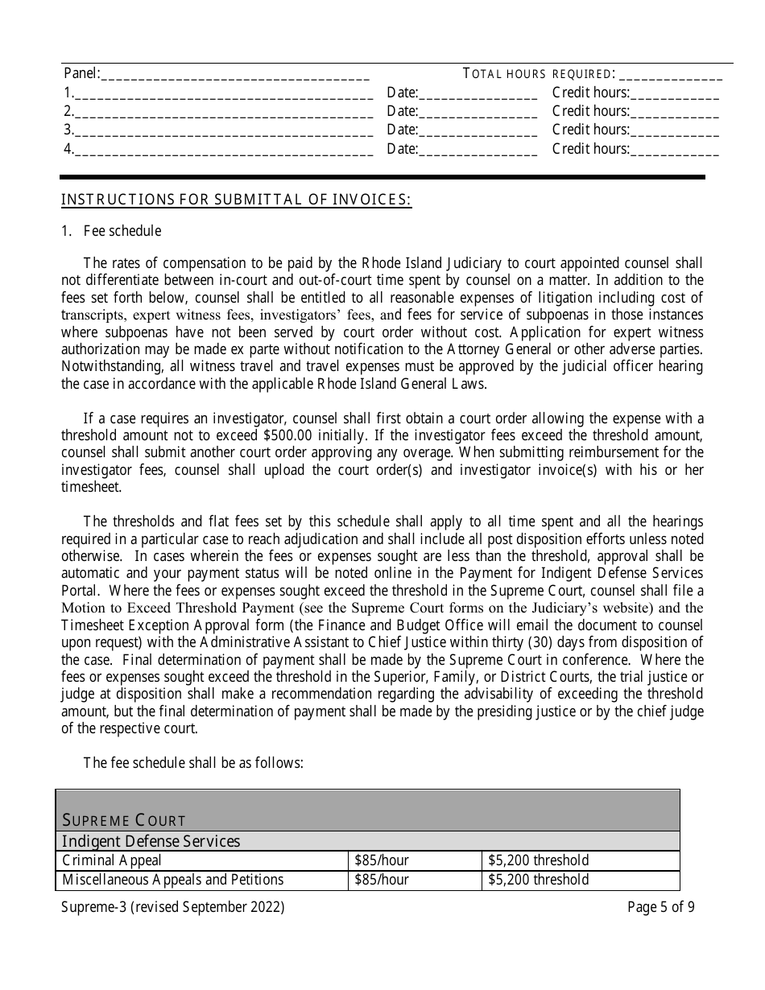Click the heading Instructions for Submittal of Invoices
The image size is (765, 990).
pyautogui.click(x=237, y=200)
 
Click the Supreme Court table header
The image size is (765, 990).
pyautogui.click(x=125, y=820)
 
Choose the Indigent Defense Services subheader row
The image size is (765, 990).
pyautogui.click(x=151, y=841)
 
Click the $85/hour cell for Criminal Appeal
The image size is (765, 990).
pyautogui.click(x=382, y=860)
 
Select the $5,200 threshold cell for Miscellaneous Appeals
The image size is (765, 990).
pyautogui.click(x=539, y=880)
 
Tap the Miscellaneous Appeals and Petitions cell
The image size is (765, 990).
pyautogui.click(x=173, y=880)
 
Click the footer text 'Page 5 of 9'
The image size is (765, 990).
pyautogui.click(x=661, y=907)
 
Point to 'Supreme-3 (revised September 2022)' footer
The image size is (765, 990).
pyautogui.click(x=173, y=907)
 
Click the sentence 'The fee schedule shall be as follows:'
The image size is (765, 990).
pyautogui.click(x=193, y=762)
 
